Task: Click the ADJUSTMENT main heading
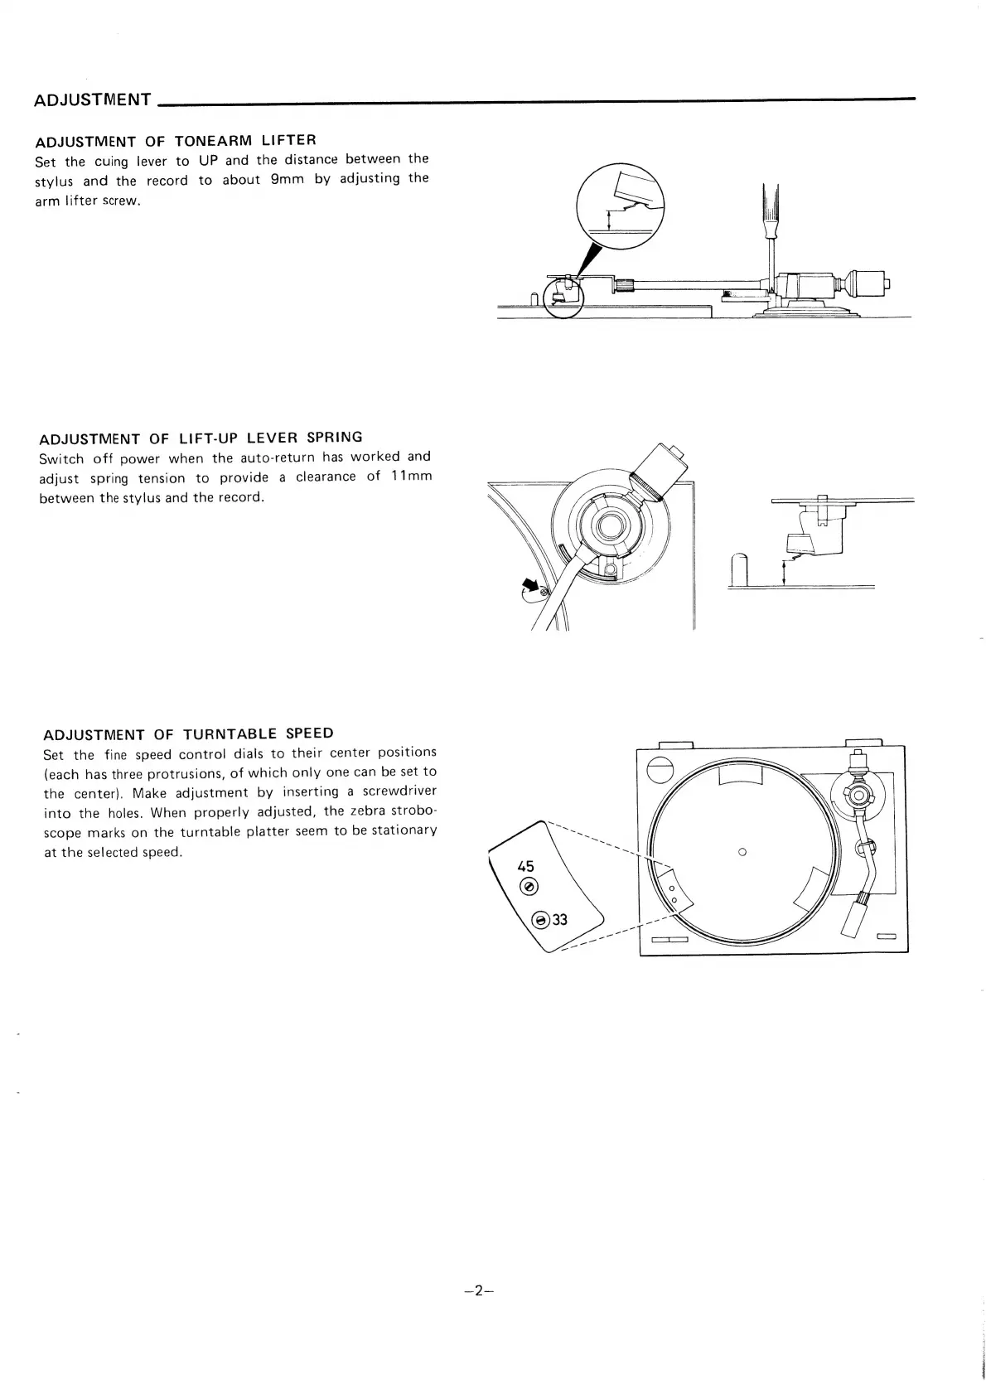[92, 100]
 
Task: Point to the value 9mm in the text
[285, 179]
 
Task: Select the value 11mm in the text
[411, 476]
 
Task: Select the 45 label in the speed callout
[525, 867]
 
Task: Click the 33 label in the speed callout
[560, 919]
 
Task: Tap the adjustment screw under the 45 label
[527, 887]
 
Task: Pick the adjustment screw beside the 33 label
[541, 920]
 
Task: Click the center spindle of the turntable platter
[742, 851]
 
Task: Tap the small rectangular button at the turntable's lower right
[887, 937]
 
